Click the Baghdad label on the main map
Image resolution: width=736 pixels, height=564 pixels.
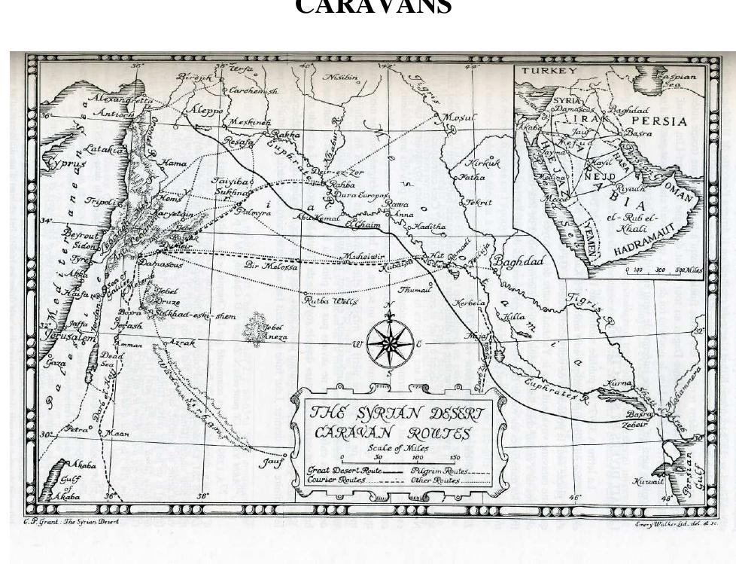pos(519,261)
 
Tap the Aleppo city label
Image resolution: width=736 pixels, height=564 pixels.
pos(205,110)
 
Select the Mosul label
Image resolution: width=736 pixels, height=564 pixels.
pos(458,118)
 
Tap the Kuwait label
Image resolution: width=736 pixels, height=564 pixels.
pos(648,481)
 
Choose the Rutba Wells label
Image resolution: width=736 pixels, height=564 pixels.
pos(330,300)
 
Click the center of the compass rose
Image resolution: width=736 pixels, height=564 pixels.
pos(388,344)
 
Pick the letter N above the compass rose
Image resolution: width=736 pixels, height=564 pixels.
pos(389,306)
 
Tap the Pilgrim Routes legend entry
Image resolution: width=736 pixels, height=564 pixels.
pos(440,471)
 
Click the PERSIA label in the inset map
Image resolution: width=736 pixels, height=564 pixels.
pos(658,121)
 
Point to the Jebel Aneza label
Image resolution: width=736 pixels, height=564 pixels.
pos(274,333)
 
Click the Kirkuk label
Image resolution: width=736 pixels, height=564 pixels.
pos(483,163)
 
